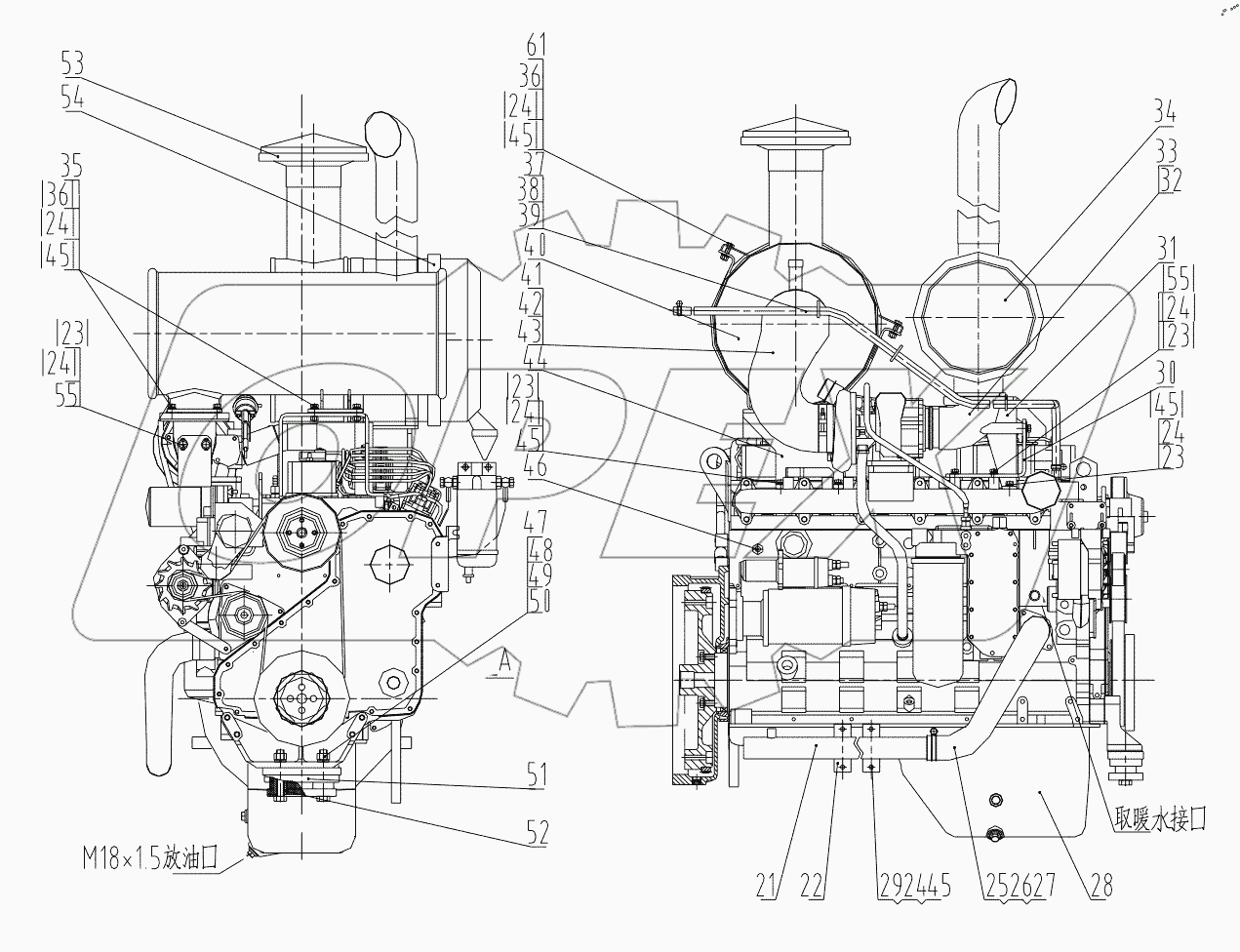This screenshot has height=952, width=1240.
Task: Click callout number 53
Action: pyautogui.click(x=71, y=64)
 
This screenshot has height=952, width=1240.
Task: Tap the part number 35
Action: pyautogui.click(x=69, y=162)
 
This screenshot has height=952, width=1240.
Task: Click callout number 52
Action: pyautogui.click(x=537, y=832)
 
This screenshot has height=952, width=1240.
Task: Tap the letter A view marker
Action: pyautogui.click(x=503, y=661)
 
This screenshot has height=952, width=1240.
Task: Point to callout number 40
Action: pyautogui.click(x=533, y=242)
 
